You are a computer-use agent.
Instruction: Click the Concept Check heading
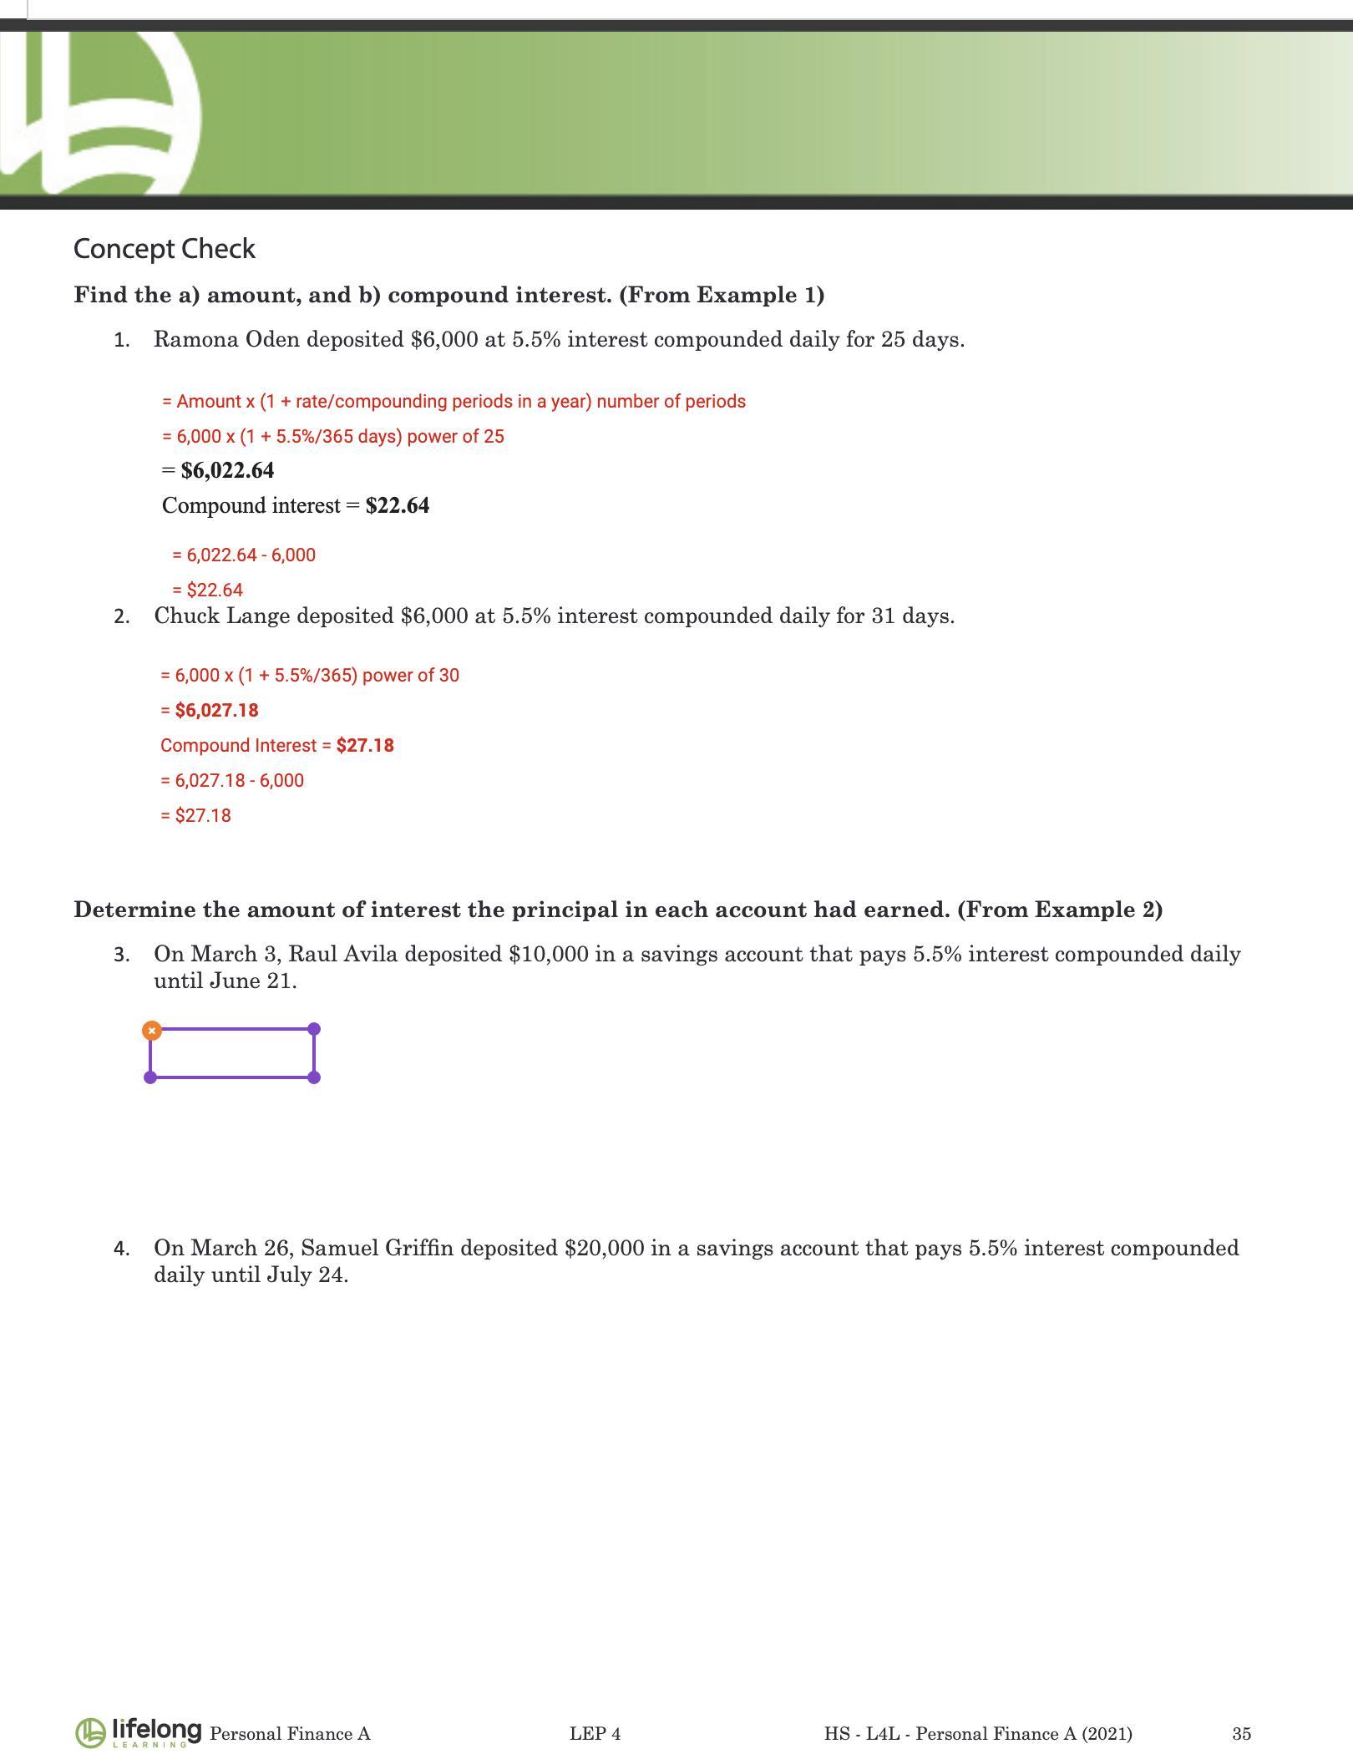point(165,249)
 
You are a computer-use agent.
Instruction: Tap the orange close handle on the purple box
point(151,1031)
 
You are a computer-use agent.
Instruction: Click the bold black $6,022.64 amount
point(227,471)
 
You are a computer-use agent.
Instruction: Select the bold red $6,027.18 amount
point(216,711)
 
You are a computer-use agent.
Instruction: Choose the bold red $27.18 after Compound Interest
point(365,746)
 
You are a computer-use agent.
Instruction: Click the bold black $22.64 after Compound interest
point(398,506)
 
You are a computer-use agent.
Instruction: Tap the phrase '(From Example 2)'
point(1060,910)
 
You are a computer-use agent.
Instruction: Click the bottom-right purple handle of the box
point(314,1077)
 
